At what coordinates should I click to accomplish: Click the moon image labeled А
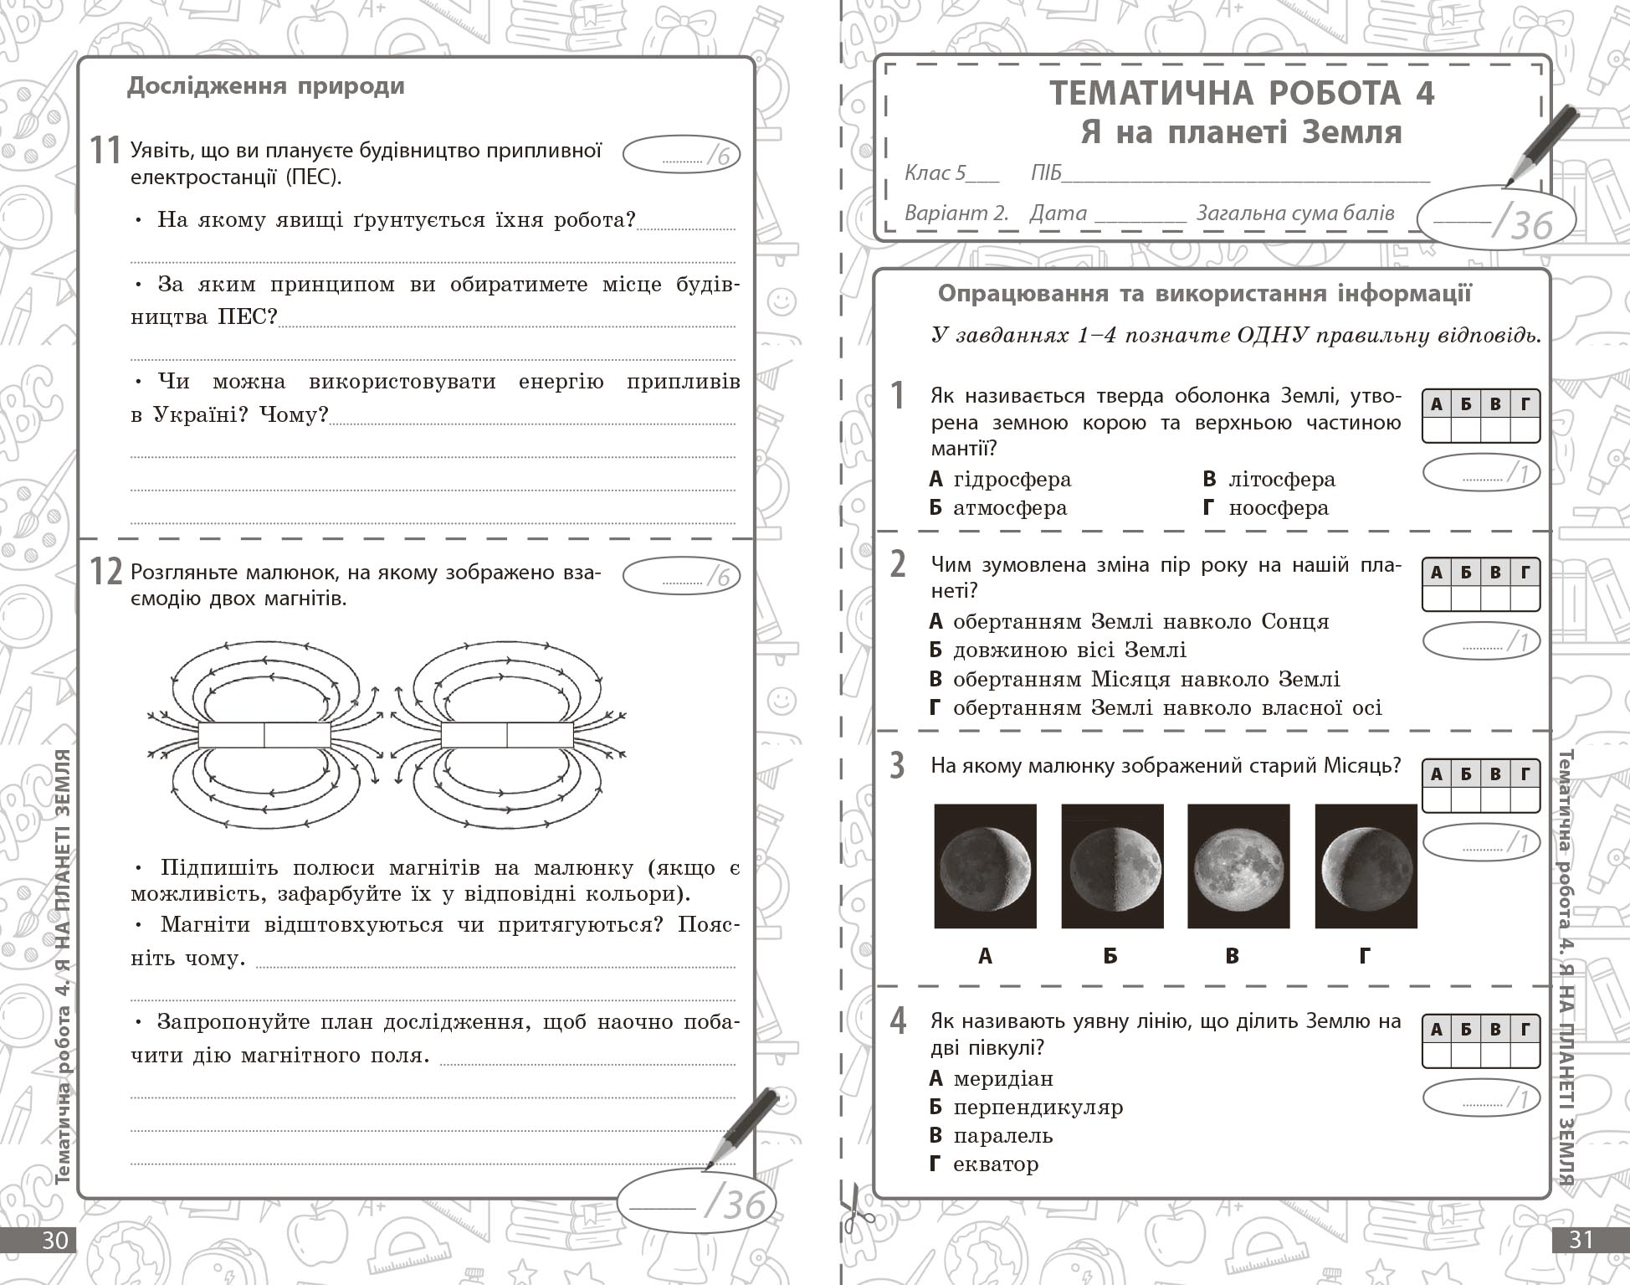(x=985, y=866)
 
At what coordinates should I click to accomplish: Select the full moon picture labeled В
(x=1238, y=866)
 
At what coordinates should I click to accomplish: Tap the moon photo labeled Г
(x=1366, y=866)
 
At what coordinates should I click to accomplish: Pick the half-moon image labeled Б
(x=1112, y=866)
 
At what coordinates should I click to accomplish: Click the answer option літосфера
(x=1281, y=480)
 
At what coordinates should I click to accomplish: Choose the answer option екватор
(x=995, y=1164)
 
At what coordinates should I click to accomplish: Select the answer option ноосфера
(x=1278, y=508)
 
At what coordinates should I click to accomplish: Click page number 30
(x=54, y=1239)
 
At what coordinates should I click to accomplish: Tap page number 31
(x=1580, y=1239)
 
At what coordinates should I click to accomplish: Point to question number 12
(x=106, y=573)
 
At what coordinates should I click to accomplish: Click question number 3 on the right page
(x=897, y=765)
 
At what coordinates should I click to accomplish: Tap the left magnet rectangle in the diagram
(x=264, y=734)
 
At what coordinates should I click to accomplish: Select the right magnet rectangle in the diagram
(x=507, y=734)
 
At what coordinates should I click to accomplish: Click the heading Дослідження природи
(x=265, y=86)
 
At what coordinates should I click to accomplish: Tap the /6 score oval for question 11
(x=681, y=155)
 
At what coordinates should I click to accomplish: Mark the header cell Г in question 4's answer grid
(x=1525, y=1030)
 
